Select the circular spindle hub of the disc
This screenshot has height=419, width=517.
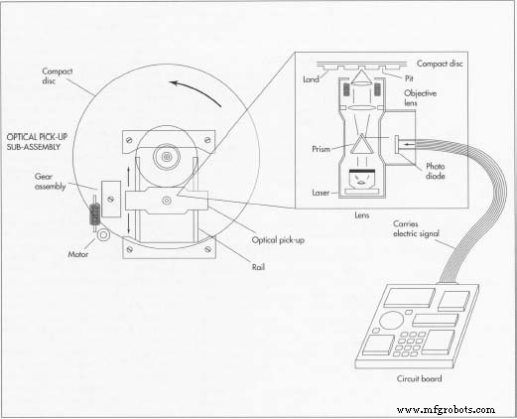pos(166,156)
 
